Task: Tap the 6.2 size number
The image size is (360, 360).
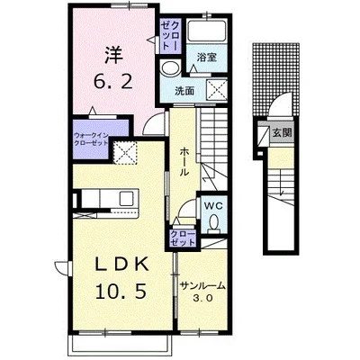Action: click(x=113, y=81)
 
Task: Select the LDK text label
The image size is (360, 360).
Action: click(x=122, y=265)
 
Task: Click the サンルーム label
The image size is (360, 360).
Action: click(x=202, y=286)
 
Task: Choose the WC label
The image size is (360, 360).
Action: click(x=213, y=206)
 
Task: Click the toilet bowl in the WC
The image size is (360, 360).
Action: click(x=214, y=223)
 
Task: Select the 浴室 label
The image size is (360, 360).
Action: click(x=207, y=57)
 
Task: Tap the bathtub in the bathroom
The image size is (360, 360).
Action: click(x=207, y=31)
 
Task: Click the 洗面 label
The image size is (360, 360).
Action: click(x=184, y=91)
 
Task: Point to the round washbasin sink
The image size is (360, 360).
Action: click(x=170, y=69)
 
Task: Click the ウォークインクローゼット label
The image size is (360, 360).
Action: click(x=91, y=139)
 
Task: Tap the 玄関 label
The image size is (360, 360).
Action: click(x=283, y=132)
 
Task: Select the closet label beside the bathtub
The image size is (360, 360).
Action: click(x=170, y=35)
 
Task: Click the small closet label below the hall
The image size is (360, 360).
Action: click(x=183, y=238)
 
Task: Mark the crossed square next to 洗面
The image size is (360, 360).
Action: click(x=217, y=89)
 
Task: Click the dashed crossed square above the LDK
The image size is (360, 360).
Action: click(x=126, y=153)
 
